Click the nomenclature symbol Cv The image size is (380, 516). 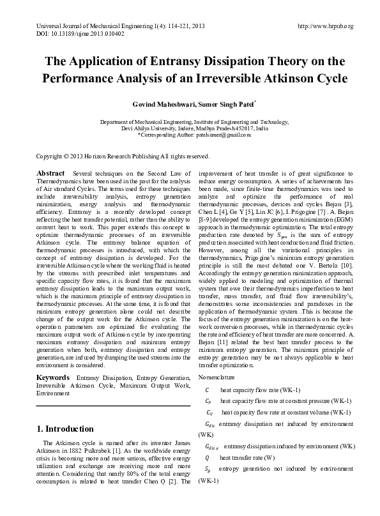tap(207, 412)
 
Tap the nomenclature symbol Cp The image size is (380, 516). tap(207, 400)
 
